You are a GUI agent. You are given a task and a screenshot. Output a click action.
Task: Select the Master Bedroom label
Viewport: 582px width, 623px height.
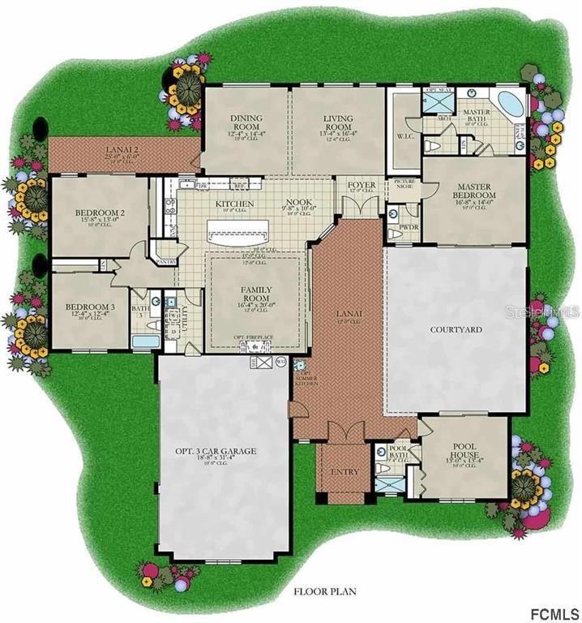[474, 191]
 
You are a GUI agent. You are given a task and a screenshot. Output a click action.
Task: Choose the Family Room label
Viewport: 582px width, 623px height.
[255, 294]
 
